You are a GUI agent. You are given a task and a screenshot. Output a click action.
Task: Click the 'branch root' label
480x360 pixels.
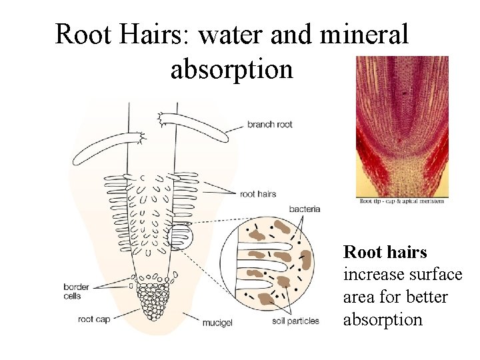point(269,124)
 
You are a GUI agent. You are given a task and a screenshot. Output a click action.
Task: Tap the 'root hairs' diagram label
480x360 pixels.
point(257,194)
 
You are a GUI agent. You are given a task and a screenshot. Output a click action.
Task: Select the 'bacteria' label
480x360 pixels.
point(304,209)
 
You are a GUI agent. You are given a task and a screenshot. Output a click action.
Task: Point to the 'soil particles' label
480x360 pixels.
point(295,321)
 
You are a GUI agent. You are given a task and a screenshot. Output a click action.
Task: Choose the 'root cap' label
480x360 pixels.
point(93,319)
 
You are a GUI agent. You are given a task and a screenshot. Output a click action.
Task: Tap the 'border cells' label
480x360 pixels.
point(76,291)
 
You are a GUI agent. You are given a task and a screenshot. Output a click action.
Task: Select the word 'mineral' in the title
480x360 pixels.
point(364,34)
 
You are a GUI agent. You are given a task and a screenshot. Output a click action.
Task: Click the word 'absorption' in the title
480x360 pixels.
point(231,69)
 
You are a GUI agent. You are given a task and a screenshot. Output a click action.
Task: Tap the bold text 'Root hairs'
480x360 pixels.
point(385,252)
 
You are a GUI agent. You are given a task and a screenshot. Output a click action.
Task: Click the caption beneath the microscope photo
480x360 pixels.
point(402,201)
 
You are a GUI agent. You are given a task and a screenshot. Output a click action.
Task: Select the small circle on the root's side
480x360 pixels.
point(180,236)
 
